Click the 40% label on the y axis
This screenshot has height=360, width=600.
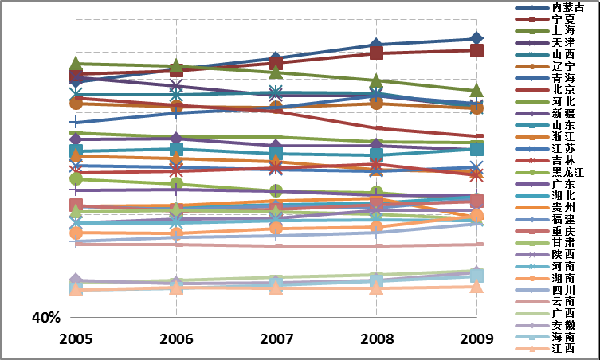click(45, 318)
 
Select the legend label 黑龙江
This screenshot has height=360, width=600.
click(567, 171)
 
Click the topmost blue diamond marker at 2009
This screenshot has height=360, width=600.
click(476, 38)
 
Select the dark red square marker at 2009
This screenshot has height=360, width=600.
click(476, 50)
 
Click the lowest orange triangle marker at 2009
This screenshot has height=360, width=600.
click(476, 286)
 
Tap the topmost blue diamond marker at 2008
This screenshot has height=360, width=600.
click(377, 45)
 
